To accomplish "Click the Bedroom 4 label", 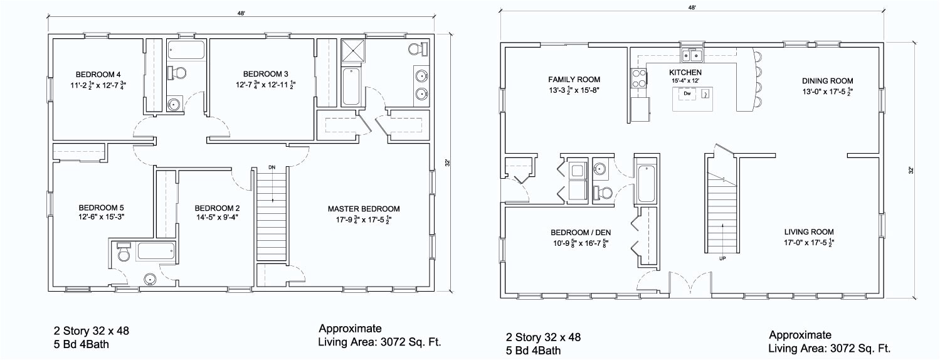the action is pos(98,75).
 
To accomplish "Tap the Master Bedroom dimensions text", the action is pos(364,220).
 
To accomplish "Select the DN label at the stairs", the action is pos(272,167).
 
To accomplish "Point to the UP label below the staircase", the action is pos(722,258).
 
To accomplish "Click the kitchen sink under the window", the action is pos(692,55).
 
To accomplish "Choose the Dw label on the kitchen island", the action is pos(687,93).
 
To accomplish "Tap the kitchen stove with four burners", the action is pos(639,78).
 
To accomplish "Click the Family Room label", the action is pos(574,79).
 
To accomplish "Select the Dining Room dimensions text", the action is pos(828,92).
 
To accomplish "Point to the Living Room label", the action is pos(809,231).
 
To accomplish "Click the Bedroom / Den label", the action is pos(581,233).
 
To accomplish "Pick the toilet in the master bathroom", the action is pos(418,49).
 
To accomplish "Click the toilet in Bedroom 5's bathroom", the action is pos(124,251).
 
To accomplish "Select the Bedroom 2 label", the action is pos(217,208).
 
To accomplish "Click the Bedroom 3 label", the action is pos(266,74).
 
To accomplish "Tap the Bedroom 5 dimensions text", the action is pos(101,217).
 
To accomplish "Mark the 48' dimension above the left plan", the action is pos(241,13).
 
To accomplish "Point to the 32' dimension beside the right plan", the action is pos(911,171).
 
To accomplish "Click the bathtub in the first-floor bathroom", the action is pos(647,184).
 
